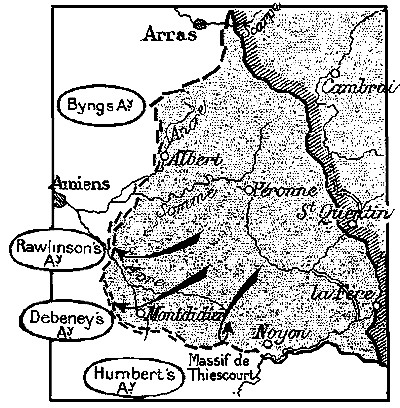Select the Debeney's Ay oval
[63, 318]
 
